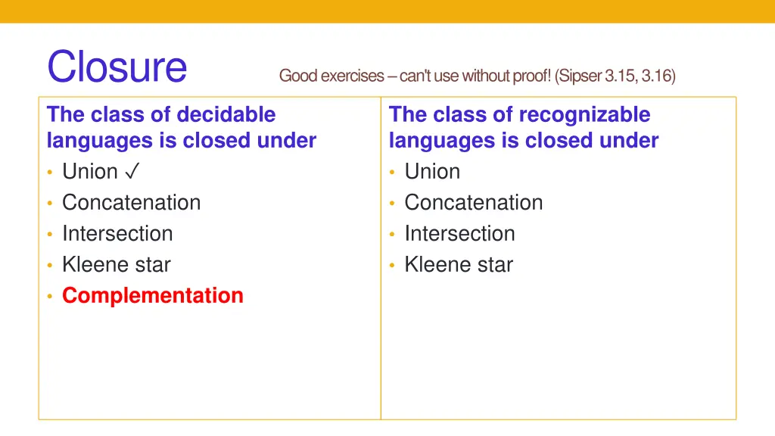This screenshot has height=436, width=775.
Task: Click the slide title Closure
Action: pos(117,67)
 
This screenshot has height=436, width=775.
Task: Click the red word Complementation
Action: pos(153,295)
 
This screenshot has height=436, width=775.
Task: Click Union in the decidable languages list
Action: pos(90,172)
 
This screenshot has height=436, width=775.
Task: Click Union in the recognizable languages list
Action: pos(432,172)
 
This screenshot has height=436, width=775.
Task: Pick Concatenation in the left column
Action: pos(131,203)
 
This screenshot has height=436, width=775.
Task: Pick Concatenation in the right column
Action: pos(474,203)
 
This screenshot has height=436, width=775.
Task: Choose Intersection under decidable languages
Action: pos(117,234)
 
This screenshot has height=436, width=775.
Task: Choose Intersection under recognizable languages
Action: pos(459,234)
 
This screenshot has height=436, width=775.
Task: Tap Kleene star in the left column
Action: pos(117,265)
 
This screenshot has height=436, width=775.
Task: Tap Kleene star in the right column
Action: pos(459,265)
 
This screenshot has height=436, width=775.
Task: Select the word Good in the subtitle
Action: pos(298,76)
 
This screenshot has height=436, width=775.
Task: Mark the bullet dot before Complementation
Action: pos(49,297)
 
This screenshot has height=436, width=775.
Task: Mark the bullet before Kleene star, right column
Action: pos(392,266)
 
